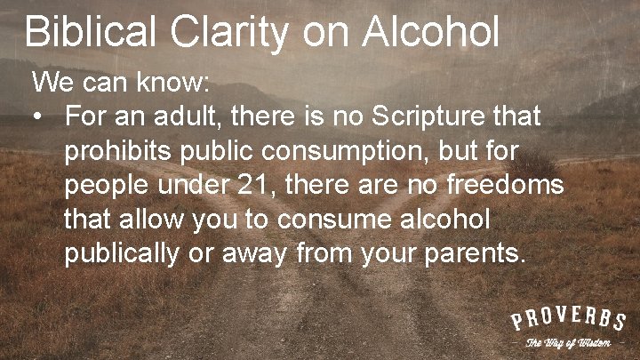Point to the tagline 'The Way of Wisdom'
point(568,343)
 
